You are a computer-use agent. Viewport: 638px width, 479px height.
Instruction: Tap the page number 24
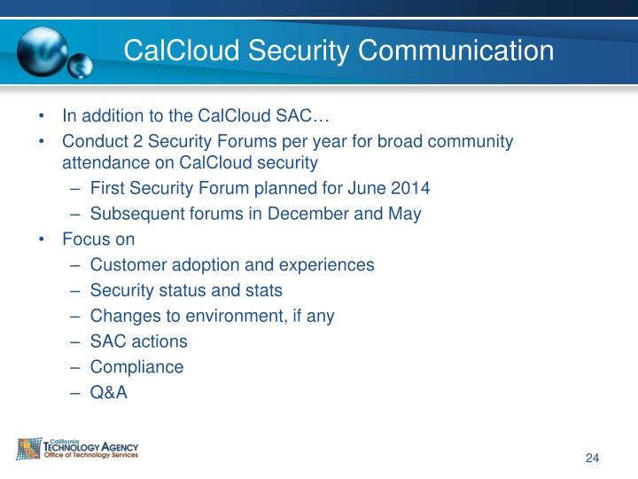[593, 458]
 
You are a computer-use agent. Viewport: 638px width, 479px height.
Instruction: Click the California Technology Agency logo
[78, 449]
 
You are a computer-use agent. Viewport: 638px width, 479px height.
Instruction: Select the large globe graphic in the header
[42, 51]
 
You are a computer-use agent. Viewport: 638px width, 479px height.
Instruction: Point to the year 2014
[411, 188]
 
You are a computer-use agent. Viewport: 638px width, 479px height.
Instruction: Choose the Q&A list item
[109, 392]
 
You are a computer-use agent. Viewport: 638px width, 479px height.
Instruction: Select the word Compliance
[136, 366]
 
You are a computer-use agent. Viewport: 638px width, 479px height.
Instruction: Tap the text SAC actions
[139, 342]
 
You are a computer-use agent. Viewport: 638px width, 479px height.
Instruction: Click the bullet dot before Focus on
[42, 239]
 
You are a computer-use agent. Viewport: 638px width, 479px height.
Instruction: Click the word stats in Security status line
[263, 290]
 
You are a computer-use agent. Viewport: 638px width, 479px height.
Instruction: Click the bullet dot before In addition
[42, 116]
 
